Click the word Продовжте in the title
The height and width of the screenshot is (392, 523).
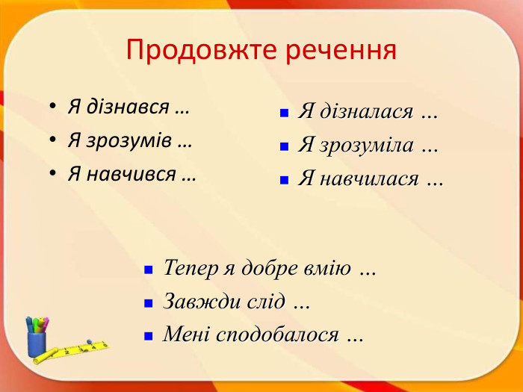pos(197,50)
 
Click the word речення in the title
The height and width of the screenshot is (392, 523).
pos(337,50)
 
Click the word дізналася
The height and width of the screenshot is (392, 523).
pos(366,112)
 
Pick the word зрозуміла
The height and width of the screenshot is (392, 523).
pos(366,146)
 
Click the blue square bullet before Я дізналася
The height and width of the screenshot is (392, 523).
pos(284,113)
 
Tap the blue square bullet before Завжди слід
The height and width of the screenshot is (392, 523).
pos(149,303)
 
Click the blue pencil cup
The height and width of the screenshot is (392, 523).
pos(36,341)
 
